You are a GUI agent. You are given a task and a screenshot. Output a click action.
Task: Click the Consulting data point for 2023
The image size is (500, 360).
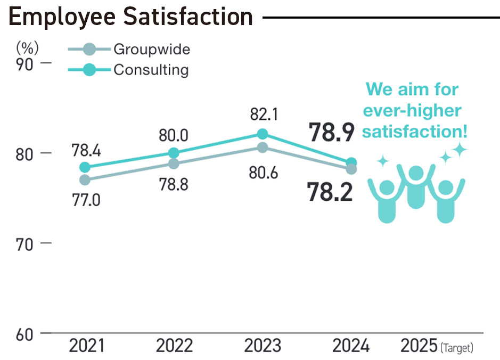pos(262,134)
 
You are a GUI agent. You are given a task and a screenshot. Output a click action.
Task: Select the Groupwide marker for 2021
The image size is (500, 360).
pos(85,180)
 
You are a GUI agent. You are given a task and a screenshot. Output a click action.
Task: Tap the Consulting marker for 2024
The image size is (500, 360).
pos(351,162)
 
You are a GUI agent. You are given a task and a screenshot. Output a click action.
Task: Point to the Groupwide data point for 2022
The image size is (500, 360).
pos(174,163)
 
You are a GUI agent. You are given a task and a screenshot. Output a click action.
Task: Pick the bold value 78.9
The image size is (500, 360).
pos(331,132)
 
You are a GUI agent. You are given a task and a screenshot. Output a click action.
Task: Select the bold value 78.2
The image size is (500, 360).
pos(330,192)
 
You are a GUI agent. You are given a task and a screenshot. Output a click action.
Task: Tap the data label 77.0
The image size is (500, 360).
pos(86,200)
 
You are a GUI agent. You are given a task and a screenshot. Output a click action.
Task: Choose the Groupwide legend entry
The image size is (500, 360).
pos(151,50)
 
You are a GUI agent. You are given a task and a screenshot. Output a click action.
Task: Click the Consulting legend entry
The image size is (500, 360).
pos(151,70)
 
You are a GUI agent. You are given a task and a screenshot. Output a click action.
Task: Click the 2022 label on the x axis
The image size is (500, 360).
pos(174,346)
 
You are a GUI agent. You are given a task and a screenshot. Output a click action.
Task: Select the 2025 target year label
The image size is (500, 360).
pos(419,346)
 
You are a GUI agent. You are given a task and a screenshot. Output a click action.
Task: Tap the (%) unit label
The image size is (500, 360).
pos(27,47)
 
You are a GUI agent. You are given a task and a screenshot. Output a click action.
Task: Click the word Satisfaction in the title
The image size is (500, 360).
pos(187,17)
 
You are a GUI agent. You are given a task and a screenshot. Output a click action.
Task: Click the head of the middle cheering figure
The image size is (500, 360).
pos(416,173)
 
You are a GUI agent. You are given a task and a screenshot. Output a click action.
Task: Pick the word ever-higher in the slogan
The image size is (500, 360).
pos(412,111)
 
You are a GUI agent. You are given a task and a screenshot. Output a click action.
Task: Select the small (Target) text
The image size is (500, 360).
pos(457,349)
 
